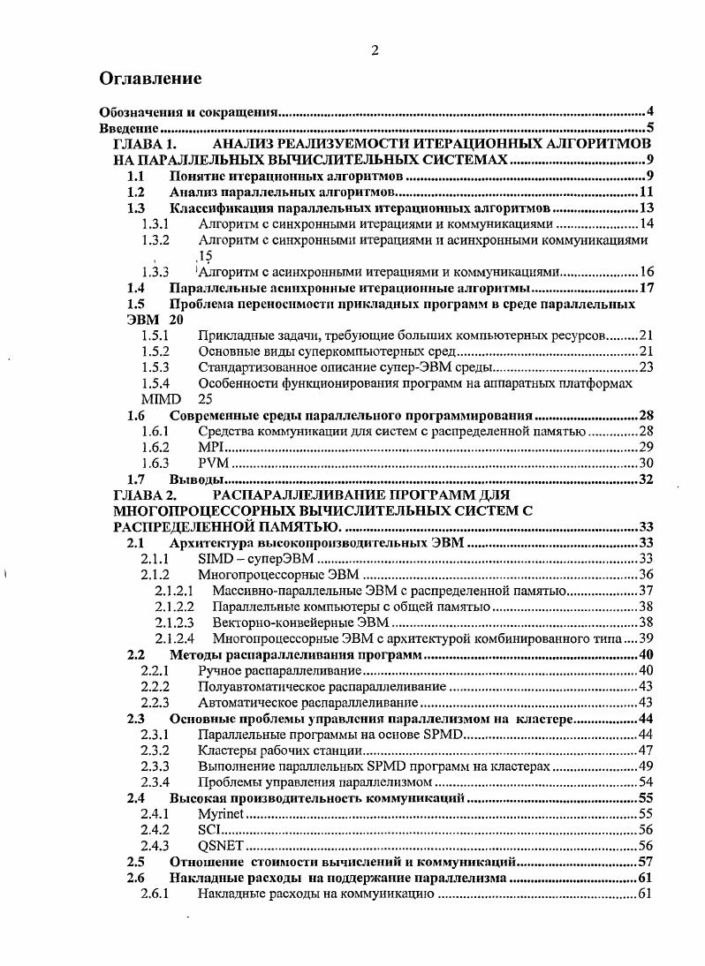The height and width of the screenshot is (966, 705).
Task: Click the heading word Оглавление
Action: click(151, 79)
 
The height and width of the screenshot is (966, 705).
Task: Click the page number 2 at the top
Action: click(375, 50)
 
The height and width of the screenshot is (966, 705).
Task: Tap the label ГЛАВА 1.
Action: click(147, 144)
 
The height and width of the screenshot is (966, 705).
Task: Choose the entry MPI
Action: click(208, 448)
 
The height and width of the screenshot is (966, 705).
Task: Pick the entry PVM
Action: click(211, 463)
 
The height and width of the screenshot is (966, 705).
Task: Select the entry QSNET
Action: click(216, 845)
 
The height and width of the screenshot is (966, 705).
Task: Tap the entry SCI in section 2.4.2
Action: click(208, 829)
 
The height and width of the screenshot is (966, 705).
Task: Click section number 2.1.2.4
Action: click(174, 638)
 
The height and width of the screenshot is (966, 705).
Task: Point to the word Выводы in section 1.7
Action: click(195, 479)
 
